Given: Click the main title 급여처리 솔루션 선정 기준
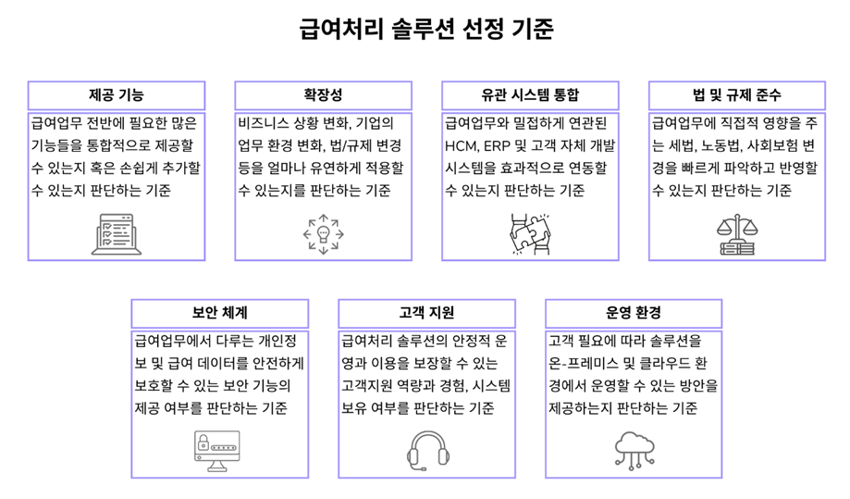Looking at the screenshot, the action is pos(426,28).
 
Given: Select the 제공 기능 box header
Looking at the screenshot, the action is pos(117,95).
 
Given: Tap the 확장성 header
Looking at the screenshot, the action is pos(323,95).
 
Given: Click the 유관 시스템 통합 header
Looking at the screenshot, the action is pos(530,95).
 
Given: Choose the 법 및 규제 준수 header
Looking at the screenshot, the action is pos(737,95).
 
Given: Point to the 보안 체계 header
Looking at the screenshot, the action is pos(219,313).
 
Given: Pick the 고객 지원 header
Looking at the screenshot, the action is pos(426,313).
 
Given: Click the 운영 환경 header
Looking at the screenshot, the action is pos(634,313).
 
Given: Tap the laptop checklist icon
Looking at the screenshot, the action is pos(117,234).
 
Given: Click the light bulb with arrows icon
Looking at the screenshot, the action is pos(324,234).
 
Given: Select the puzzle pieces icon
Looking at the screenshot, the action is pos(530,234).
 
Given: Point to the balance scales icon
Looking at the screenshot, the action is pos(737,234).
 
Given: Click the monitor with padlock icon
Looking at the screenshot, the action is pos(216,451).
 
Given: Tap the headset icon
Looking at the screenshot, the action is pos(427,451).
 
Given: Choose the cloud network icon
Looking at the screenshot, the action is pos(634,450).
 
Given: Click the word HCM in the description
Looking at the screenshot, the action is pos(459,146).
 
